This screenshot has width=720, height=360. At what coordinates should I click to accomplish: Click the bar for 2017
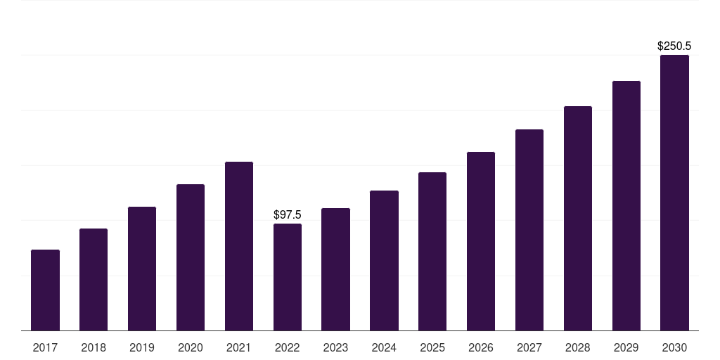pos(45,290)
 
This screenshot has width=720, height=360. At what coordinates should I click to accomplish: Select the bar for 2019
pos(142,269)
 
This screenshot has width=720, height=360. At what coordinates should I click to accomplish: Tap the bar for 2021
pos(239,246)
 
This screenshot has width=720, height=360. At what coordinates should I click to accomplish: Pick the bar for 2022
pos(288,277)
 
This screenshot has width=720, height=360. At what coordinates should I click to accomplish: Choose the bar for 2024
pos(384,261)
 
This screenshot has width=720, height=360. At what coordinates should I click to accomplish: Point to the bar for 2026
pos(481,241)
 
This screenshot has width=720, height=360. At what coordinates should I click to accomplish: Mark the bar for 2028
pos(578,219)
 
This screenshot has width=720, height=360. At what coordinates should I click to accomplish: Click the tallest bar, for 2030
pos(674,193)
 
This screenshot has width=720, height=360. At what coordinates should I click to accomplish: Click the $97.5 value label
pos(288,214)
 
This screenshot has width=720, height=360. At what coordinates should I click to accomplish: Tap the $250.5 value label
pos(674,46)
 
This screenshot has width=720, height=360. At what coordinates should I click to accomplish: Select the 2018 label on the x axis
pos(94,347)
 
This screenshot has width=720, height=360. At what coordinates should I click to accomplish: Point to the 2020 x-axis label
pos(191,347)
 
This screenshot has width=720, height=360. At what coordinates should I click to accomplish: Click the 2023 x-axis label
pos(335,347)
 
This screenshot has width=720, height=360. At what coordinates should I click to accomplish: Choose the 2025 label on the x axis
pos(432,347)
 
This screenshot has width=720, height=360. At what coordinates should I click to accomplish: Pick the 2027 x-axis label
pos(529,347)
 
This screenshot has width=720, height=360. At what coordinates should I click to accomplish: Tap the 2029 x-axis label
pos(626,347)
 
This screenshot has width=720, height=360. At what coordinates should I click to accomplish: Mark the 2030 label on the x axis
pos(674,347)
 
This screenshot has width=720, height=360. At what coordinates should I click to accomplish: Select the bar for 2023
pos(335,269)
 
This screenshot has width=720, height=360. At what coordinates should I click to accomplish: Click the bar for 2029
pos(626,206)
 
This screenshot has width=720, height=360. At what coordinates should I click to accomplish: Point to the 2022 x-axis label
pos(288,347)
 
